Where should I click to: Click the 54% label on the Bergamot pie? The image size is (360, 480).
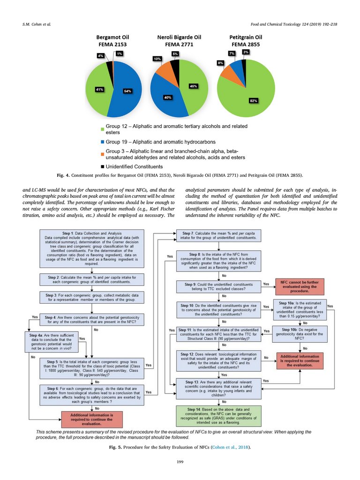tap(127, 91)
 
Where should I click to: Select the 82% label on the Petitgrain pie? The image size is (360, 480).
tap(254, 100)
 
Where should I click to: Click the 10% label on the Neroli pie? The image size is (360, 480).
tap(157, 59)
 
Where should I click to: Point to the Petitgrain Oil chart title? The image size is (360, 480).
tap(246, 41)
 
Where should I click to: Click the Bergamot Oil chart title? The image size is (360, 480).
tap(112, 41)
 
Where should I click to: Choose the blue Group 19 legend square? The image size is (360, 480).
tap(102, 142)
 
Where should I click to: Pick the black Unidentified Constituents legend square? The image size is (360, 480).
tap(102, 167)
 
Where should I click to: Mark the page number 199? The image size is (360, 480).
tap(180, 463)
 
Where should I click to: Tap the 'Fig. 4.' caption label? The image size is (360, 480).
tap(63, 175)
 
